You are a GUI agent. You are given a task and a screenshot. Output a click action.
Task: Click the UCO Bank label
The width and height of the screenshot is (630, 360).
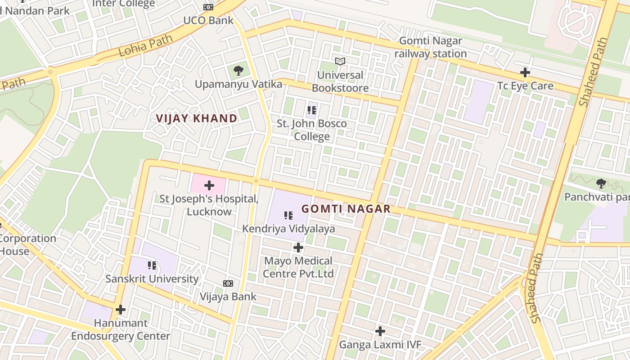[208, 20]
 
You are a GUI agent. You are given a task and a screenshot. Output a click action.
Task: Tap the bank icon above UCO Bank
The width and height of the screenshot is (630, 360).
[208, 7]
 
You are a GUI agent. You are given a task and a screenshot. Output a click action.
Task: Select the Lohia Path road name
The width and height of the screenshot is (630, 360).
[145, 45]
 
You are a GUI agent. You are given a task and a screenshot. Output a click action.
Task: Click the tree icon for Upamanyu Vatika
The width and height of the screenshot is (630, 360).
[238, 70]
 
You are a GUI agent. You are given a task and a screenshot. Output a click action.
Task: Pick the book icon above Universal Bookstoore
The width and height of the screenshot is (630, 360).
[340, 61]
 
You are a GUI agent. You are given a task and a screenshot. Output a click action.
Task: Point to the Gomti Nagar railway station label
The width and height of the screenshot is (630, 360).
[431, 47]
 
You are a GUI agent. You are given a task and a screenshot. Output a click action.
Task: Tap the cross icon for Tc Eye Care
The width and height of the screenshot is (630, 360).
[525, 72]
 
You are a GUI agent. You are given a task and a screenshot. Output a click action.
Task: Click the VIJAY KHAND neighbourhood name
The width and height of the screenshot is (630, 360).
[197, 118]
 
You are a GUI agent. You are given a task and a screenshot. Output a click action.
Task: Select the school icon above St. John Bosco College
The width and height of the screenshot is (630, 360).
[311, 110]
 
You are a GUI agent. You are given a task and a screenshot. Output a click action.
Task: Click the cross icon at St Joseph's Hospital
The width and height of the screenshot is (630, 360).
[209, 185]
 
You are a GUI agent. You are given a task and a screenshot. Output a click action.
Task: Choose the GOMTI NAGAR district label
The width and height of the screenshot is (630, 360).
[346, 209]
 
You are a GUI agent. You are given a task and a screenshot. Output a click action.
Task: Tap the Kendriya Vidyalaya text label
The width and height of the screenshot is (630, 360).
[288, 229]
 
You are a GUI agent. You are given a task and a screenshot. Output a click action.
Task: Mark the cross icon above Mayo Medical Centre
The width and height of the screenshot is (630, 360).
[298, 247]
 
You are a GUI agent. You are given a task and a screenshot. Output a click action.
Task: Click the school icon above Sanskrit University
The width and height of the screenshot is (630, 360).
[152, 265]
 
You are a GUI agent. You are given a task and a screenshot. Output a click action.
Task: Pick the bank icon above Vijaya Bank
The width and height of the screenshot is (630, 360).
[228, 283]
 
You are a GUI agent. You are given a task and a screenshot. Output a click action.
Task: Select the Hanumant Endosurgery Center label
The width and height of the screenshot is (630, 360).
[121, 329]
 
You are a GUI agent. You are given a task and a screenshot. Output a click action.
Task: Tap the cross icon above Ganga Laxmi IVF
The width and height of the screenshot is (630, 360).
[380, 332]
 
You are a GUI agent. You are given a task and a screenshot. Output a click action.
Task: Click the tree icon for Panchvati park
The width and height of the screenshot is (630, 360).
[601, 184]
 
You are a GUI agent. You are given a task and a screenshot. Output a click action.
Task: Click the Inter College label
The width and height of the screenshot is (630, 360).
[123, 4]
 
